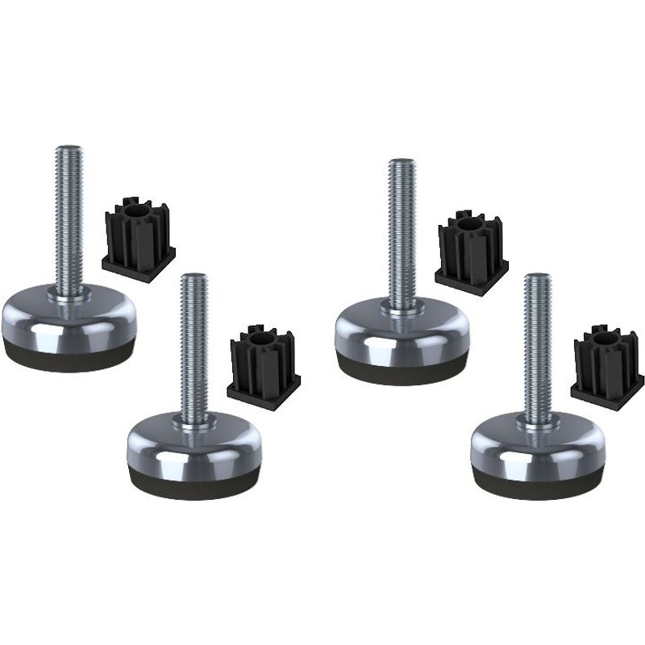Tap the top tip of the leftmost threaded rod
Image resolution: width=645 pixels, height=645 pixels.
[65, 148]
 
